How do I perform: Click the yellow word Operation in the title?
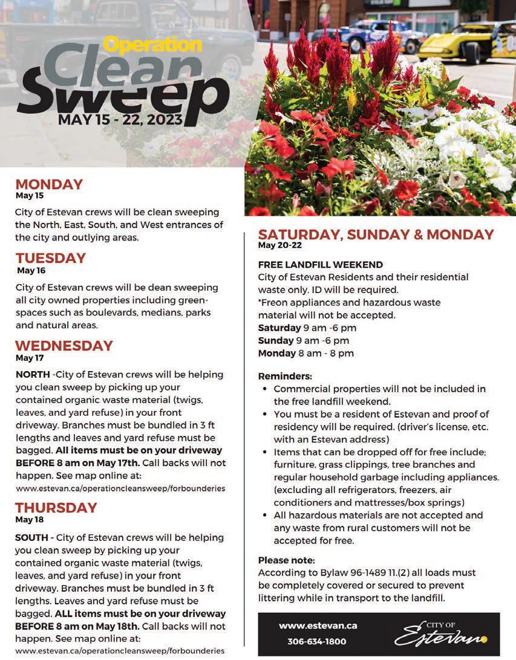point(152,45)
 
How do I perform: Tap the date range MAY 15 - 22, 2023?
point(120,119)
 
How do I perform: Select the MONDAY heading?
point(49,184)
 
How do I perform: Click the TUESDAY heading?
point(51,258)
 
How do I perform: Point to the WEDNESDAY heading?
point(64,346)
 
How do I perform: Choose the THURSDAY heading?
point(56,508)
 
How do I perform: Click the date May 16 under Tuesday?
point(31,271)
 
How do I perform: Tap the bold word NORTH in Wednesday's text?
point(32,375)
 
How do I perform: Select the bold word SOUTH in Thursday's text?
point(33,537)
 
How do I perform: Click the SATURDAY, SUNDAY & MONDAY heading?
point(376,235)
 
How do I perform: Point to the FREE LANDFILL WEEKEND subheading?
point(320,265)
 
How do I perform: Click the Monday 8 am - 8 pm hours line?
point(305,354)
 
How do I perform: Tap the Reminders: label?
point(285,376)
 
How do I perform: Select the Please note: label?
point(286,560)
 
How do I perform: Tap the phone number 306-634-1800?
point(316,641)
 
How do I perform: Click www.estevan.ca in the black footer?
point(318,626)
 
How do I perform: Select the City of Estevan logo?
point(441,633)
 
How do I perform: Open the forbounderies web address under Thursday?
point(120,651)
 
